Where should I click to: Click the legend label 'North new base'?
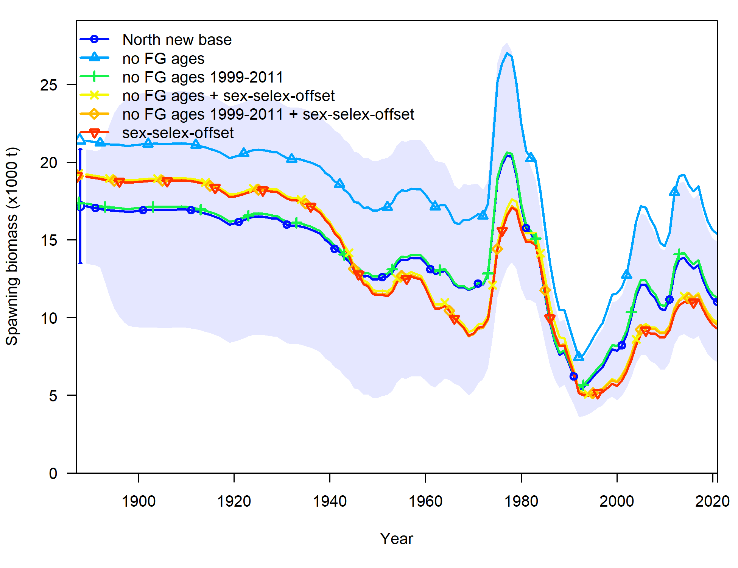tap(177, 40)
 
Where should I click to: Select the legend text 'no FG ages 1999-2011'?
tap(202, 77)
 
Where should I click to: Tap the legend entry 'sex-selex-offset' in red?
tap(178, 133)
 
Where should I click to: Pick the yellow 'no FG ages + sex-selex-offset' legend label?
tap(228, 96)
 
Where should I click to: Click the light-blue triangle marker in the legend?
tap(95, 58)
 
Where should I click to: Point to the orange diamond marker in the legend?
tap(95, 114)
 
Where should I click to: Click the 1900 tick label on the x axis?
tap(139, 501)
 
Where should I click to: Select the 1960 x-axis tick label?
tap(425, 501)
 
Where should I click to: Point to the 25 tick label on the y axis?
tap(49, 85)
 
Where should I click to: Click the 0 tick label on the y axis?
tap(53, 473)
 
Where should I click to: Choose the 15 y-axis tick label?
tap(49, 240)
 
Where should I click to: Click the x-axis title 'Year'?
tap(397, 538)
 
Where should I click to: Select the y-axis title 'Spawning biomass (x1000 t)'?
tap(12, 246)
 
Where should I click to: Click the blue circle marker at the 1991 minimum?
tap(574, 376)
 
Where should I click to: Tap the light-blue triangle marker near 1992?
tap(579, 356)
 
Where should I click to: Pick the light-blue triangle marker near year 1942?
tap(339, 184)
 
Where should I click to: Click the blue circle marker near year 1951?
tap(382, 277)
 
